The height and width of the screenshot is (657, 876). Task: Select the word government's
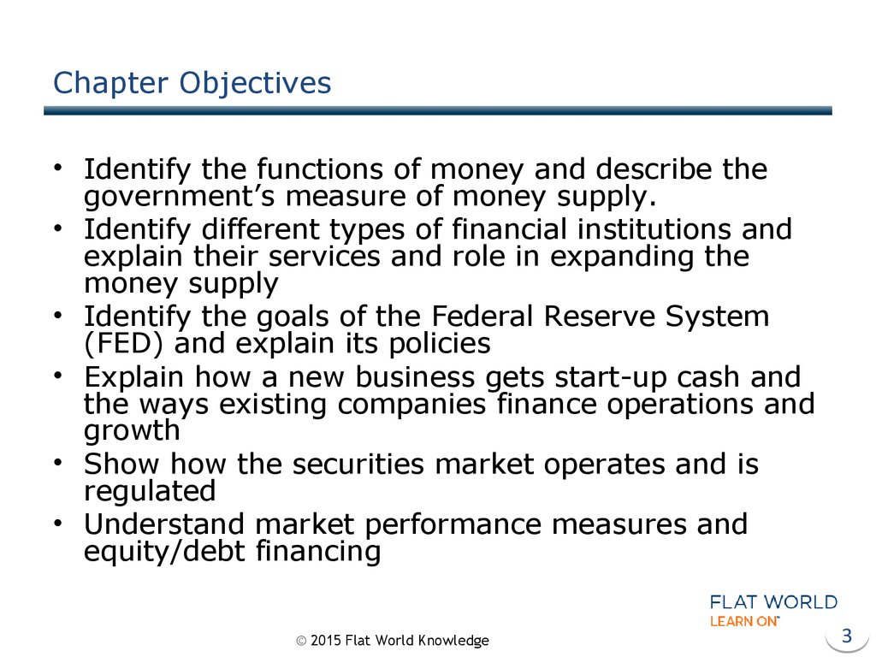click(x=179, y=198)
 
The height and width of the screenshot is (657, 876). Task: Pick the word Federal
click(x=482, y=317)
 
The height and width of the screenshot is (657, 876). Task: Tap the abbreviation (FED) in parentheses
click(x=123, y=344)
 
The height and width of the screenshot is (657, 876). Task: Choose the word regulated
click(x=150, y=492)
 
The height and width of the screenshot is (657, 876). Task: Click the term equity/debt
click(x=164, y=552)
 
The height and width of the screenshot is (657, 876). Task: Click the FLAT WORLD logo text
click(x=773, y=602)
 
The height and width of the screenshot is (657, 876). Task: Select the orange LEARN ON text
click(x=744, y=621)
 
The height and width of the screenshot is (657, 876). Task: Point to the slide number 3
click(x=847, y=636)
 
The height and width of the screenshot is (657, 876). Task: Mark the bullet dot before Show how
click(x=57, y=462)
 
